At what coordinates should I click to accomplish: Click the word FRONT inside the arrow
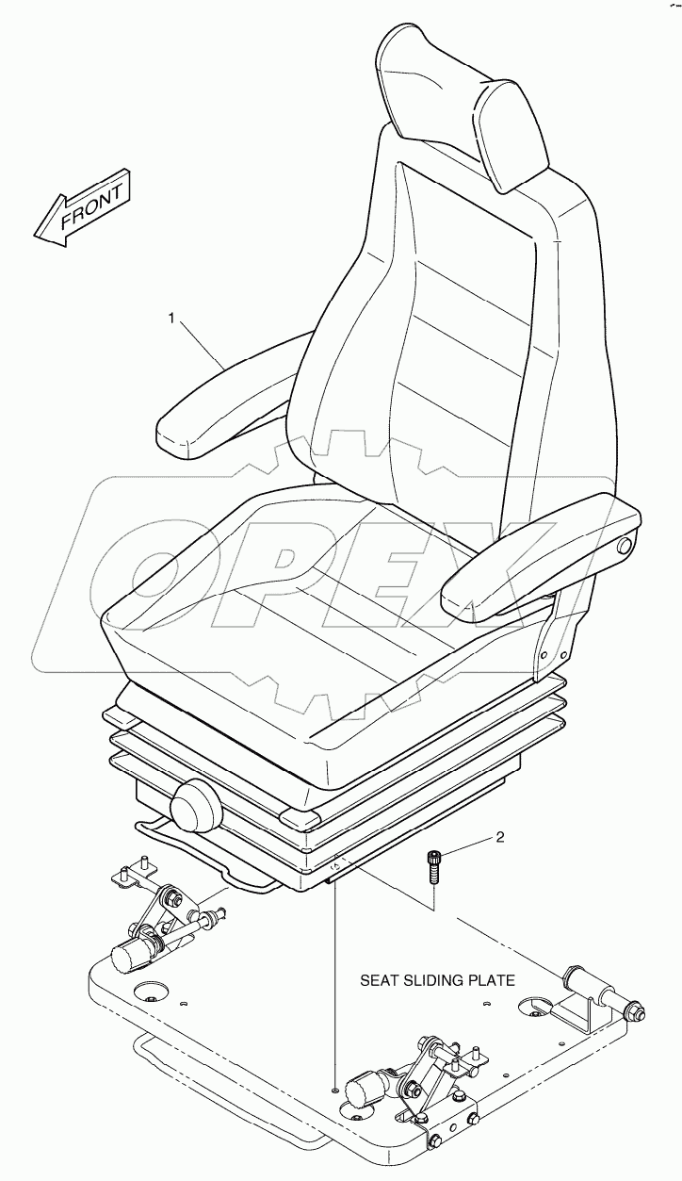[92, 206]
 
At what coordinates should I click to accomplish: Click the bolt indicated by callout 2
[433, 864]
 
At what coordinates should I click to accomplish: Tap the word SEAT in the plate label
[376, 980]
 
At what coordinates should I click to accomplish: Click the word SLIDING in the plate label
[430, 980]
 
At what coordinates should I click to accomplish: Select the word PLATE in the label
[491, 980]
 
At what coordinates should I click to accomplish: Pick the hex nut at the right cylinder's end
[633, 1009]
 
